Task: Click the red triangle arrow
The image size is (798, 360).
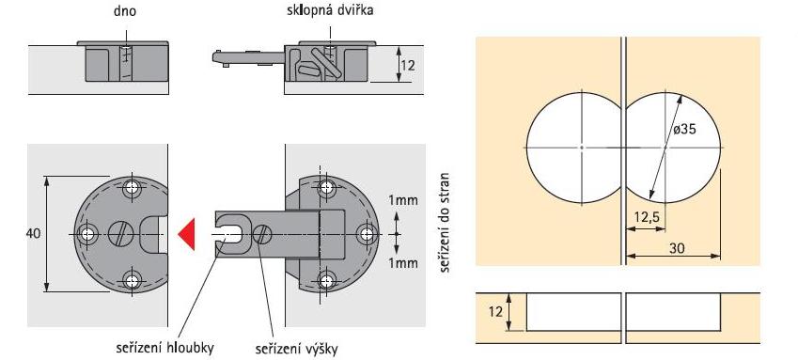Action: (x=188, y=234)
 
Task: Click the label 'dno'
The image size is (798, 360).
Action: (x=125, y=11)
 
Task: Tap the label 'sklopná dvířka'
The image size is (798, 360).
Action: (x=329, y=10)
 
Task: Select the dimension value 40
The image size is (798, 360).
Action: (x=34, y=234)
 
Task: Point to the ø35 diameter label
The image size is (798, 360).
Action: (x=684, y=129)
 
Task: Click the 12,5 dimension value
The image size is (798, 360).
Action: (x=647, y=217)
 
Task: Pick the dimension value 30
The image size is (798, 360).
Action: (x=678, y=248)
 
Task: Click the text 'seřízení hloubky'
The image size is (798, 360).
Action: (x=164, y=349)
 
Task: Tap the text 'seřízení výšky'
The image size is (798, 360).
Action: (x=296, y=350)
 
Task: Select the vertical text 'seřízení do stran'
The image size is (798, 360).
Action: (x=445, y=222)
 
